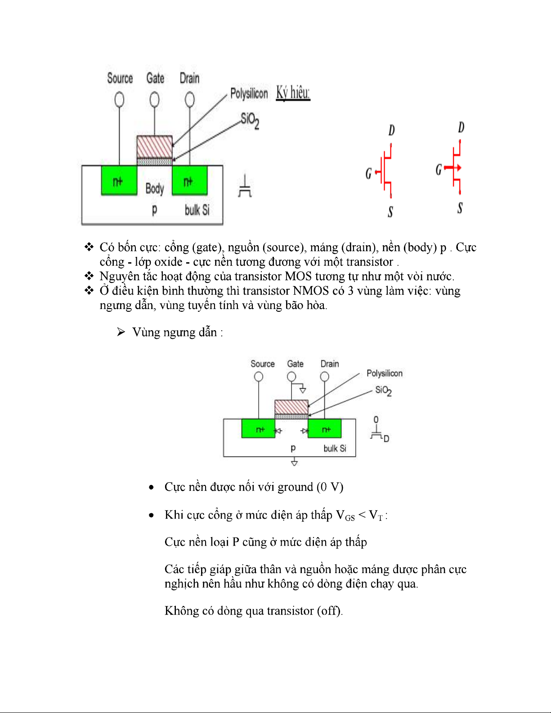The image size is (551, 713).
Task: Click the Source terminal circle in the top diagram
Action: [119, 99]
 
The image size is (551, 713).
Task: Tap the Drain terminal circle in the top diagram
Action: [190, 99]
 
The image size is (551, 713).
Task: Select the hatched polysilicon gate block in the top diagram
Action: [154, 147]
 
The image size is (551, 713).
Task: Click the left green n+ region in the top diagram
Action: [119, 180]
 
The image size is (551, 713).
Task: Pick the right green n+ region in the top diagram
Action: [189, 180]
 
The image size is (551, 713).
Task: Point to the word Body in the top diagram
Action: [154, 188]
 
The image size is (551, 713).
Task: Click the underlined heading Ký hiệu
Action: [293, 93]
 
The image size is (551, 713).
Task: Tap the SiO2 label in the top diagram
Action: [250, 120]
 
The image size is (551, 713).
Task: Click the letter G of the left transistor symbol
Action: [368, 174]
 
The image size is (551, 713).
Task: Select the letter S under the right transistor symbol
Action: [460, 208]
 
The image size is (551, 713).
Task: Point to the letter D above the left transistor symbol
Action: [391, 130]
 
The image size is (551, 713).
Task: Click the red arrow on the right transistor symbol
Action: [457, 168]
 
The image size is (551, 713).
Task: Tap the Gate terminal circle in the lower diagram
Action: [291, 377]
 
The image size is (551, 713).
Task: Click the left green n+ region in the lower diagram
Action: [258, 428]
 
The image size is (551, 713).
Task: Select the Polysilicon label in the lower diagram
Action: [384, 373]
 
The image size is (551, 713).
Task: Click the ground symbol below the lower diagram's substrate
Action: [294, 462]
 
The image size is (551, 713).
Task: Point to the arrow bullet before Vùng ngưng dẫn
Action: [121, 332]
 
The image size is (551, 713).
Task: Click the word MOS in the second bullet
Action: [298, 276]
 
